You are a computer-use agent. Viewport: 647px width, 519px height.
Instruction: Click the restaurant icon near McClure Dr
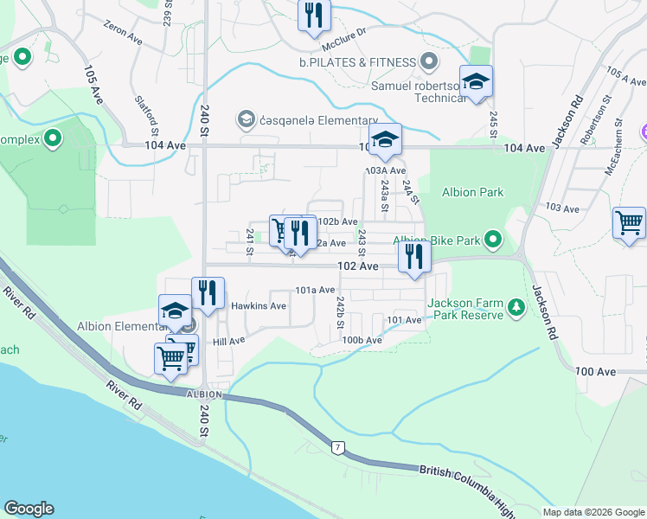point(313,15)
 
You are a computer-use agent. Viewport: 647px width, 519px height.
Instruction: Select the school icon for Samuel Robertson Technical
point(476,82)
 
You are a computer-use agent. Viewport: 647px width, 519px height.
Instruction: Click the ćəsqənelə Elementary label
point(319,120)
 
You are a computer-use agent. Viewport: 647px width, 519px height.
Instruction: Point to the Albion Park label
point(472,191)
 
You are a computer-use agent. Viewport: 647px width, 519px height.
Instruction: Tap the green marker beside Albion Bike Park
point(493,240)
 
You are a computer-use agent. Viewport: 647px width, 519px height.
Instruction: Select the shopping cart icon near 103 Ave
point(629,222)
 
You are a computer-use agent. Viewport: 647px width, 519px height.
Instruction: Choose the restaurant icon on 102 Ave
point(414,257)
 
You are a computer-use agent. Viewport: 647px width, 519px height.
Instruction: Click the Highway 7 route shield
point(337,446)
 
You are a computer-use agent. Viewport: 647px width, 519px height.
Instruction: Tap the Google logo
point(29,509)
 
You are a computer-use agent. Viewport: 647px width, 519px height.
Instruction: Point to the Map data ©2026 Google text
point(593,512)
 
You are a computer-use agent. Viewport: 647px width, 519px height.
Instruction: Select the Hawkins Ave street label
point(259,306)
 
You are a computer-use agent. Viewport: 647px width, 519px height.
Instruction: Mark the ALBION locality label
point(204,394)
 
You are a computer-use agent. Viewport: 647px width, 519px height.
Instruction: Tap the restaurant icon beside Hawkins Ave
point(208,293)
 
